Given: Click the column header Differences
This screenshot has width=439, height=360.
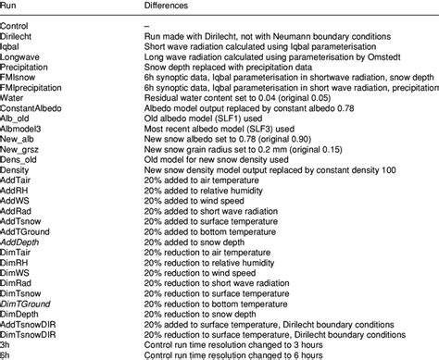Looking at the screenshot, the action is [173, 6].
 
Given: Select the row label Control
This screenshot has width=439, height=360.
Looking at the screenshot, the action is [19, 22].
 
